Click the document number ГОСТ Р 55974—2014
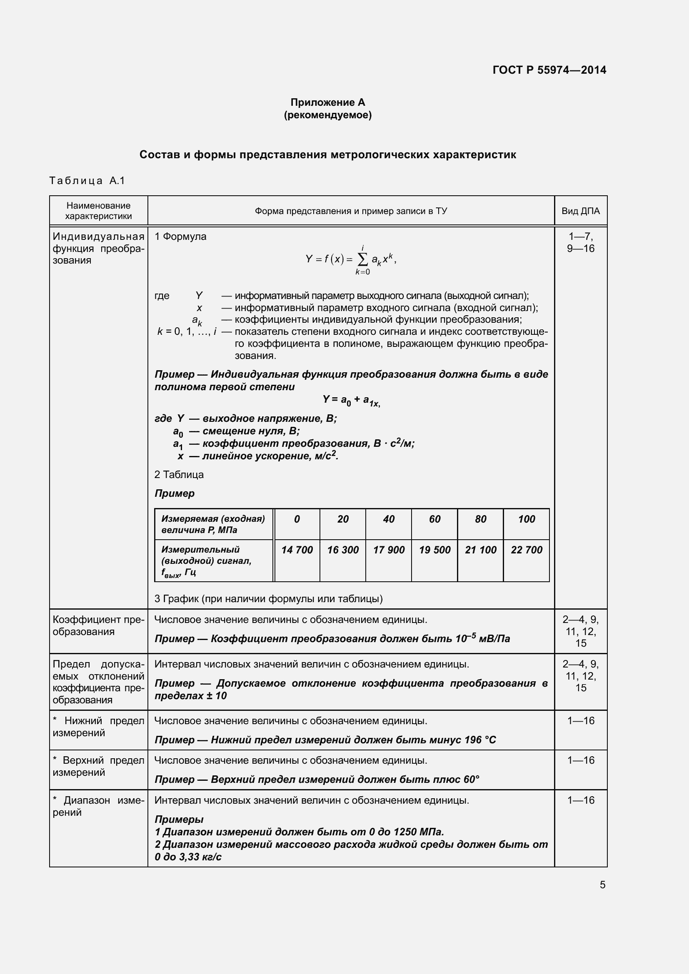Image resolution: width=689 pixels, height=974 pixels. click(x=549, y=70)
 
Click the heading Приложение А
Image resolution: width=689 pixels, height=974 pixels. click(x=327, y=102)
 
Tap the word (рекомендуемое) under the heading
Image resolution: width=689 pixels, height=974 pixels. click(x=327, y=115)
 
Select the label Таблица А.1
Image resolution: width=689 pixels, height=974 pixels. click(x=87, y=181)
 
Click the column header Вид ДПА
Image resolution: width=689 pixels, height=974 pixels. click(x=580, y=211)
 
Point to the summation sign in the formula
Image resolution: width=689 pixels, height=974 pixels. click(x=363, y=259)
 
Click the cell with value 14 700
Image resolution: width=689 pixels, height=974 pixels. click(x=297, y=550)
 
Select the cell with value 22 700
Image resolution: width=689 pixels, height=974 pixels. click(x=526, y=550)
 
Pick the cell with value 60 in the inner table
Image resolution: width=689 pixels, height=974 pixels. click(x=434, y=519)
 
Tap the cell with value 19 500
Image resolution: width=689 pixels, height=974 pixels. click(x=434, y=550)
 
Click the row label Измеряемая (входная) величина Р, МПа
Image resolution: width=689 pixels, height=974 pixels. click(x=213, y=524)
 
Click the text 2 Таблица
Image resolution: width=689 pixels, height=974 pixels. click(x=179, y=475)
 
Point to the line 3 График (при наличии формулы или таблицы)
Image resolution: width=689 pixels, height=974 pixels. click(x=268, y=598)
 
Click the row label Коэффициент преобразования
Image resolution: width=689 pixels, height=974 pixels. click(x=98, y=626)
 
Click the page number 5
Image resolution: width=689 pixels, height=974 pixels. click(x=602, y=884)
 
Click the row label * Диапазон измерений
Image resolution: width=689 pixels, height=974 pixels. click(x=98, y=807)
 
